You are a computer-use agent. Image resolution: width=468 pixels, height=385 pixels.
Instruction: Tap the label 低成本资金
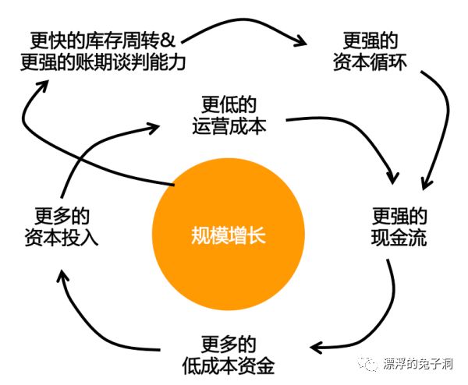click(x=234, y=364)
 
